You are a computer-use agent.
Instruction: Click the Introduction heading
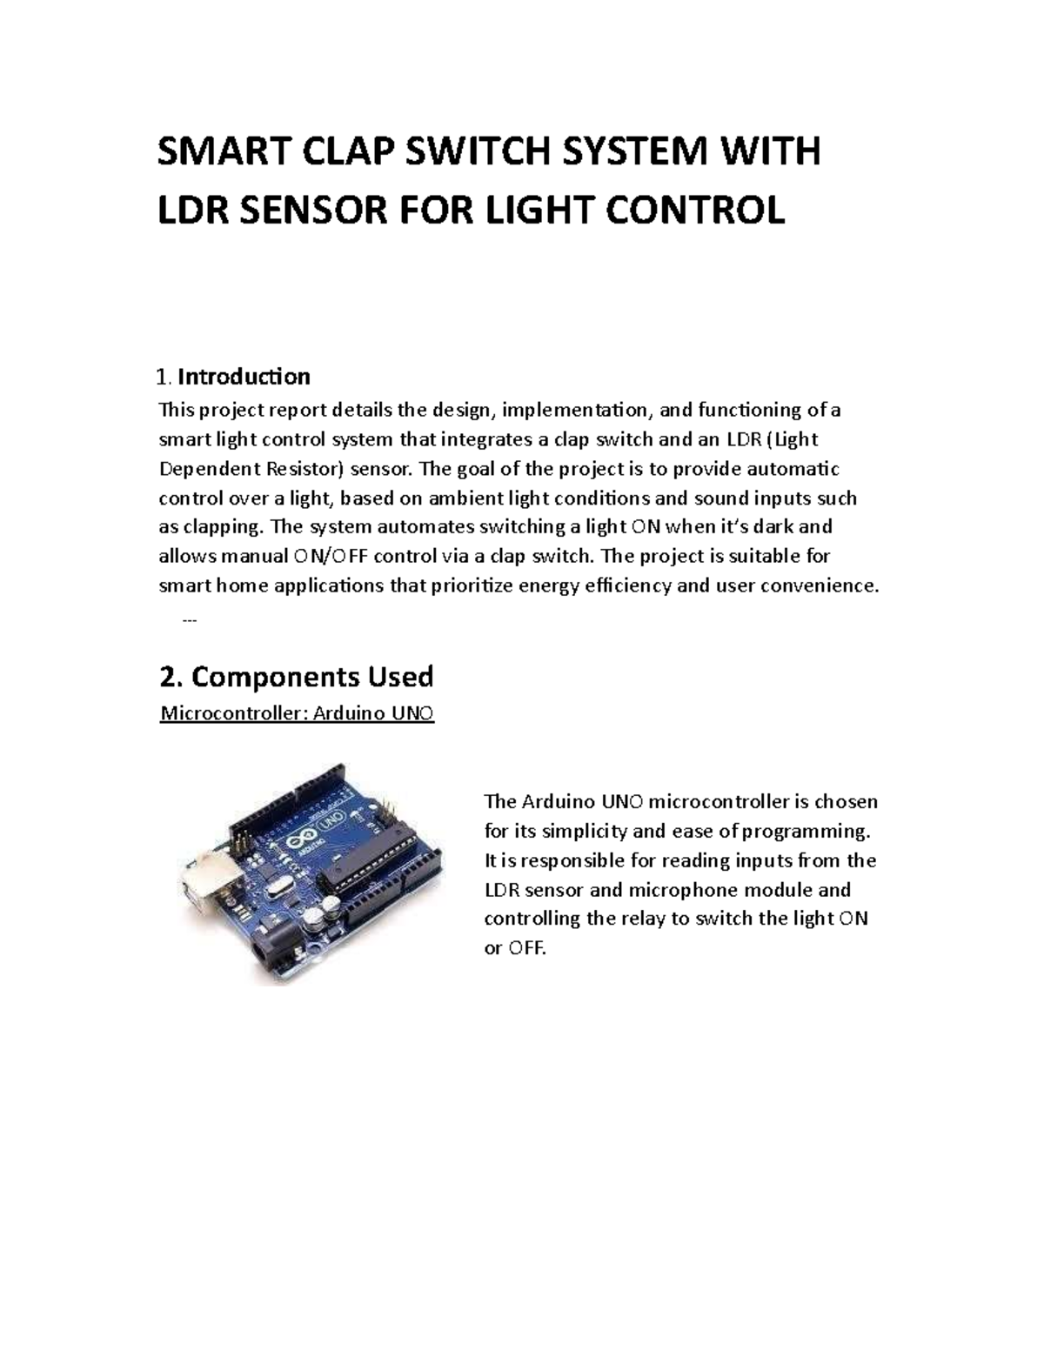coord(244,377)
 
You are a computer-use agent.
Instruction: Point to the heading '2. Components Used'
coord(296,676)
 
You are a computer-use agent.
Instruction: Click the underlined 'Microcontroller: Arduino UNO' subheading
coord(297,714)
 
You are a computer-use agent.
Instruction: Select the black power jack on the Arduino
coord(271,953)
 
